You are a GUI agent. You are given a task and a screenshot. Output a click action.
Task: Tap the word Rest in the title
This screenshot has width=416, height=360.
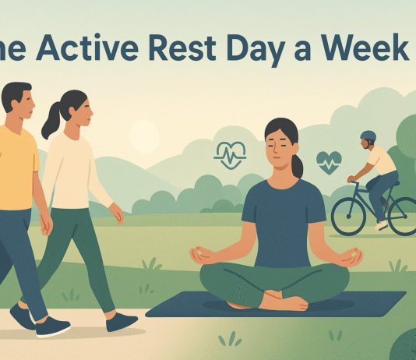click(x=205, y=48)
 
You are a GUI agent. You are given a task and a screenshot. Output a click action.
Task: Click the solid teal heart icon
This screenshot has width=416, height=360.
click(x=328, y=162)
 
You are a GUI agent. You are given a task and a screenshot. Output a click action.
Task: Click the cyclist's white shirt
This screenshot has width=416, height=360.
click(x=383, y=160)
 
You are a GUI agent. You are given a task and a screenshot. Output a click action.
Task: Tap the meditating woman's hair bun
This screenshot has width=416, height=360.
click(x=298, y=166)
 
